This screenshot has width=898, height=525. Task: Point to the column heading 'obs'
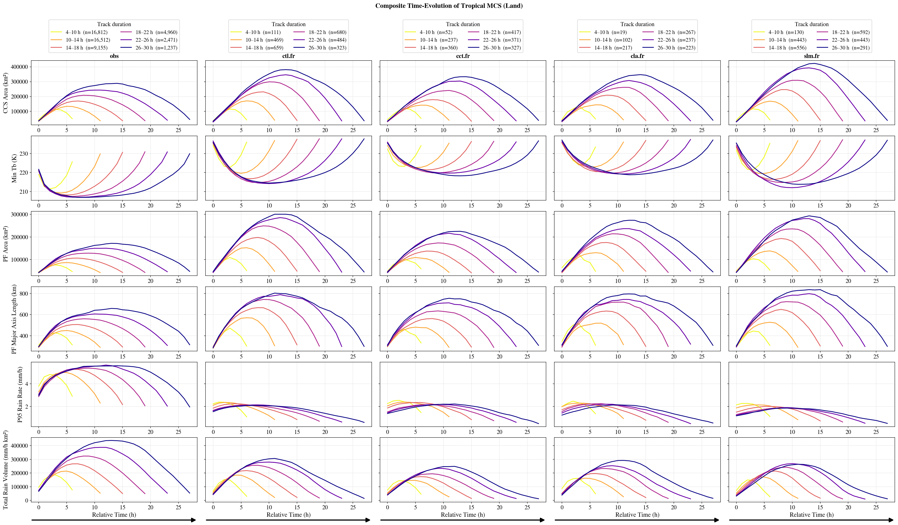coord(114,56)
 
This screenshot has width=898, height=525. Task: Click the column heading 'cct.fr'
coord(463,56)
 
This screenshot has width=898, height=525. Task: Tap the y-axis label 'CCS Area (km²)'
coord(5,93)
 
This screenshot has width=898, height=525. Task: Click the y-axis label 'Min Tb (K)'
coord(14,168)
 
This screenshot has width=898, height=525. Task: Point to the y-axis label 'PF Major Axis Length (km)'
coord(14,319)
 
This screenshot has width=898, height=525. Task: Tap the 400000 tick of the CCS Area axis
coord(20,67)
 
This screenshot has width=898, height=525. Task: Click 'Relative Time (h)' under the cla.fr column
coord(637,514)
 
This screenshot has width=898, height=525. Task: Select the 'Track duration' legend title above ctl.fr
coord(288,24)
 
